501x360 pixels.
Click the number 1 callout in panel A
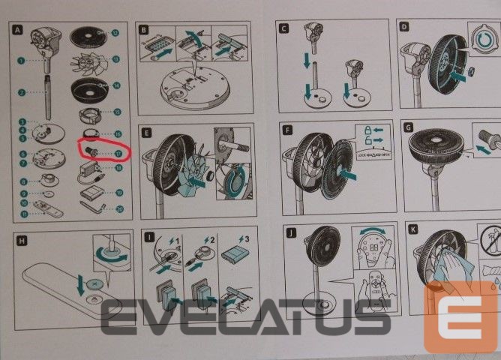(x=22, y=58)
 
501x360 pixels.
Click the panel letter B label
(x=145, y=29)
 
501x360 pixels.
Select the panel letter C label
(x=283, y=28)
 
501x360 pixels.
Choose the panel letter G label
(x=409, y=128)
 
